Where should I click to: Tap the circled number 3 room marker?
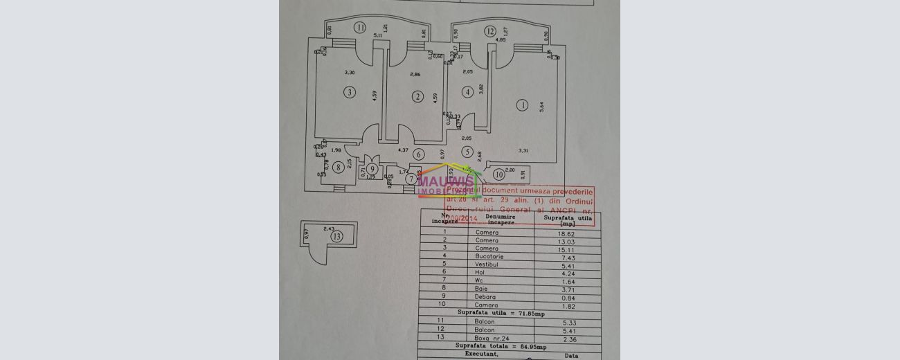pyautogui.click(x=350, y=92)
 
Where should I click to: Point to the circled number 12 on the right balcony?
pyautogui.click(x=490, y=31)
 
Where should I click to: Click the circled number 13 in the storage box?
pyautogui.click(x=336, y=236)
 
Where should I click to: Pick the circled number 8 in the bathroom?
pyautogui.click(x=338, y=167)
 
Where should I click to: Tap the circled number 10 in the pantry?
pyautogui.click(x=499, y=175)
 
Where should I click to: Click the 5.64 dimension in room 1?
pyautogui.click(x=543, y=106)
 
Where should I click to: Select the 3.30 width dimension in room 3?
pyautogui.click(x=349, y=73)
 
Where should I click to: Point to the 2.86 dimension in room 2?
pyautogui.click(x=415, y=74)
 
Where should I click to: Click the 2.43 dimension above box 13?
pyautogui.click(x=329, y=228)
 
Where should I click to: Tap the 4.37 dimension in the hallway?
pyautogui.click(x=403, y=150)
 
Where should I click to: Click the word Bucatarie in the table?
pyautogui.click(x=489, y=257)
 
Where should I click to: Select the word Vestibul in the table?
pyautogui.click(x=488, y=264)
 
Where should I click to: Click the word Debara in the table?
pyautogui.click(x=485, y=296)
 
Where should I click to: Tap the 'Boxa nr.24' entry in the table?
pyautogui.click(x=490, y=338)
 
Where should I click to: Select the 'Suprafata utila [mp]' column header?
pyautogui.click(x=568, y=220)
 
